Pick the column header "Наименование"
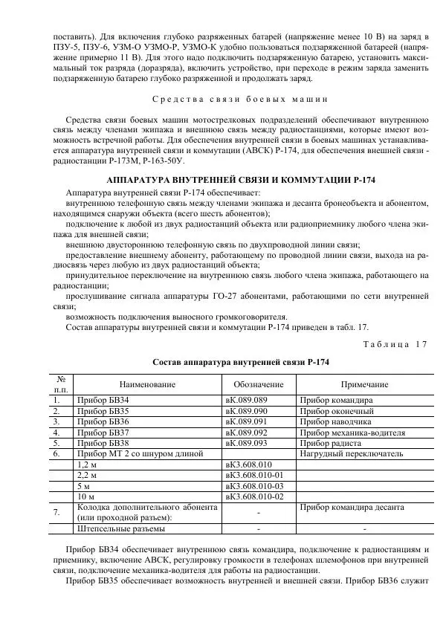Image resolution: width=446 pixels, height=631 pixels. pos(147,384)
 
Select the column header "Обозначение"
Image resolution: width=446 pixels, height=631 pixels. pos(259,384)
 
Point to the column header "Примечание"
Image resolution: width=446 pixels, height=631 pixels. pos(364,384)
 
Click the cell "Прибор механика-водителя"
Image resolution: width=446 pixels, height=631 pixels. pos(352,432)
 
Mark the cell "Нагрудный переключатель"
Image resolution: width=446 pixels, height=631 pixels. pos(352,453)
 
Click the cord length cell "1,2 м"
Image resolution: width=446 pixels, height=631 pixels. pos(88,464)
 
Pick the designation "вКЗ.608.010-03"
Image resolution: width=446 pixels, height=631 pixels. pos(255,485)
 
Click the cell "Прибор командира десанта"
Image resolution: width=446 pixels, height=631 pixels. pos(352,507)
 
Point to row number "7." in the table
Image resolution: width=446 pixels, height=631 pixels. pos(57,512)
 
